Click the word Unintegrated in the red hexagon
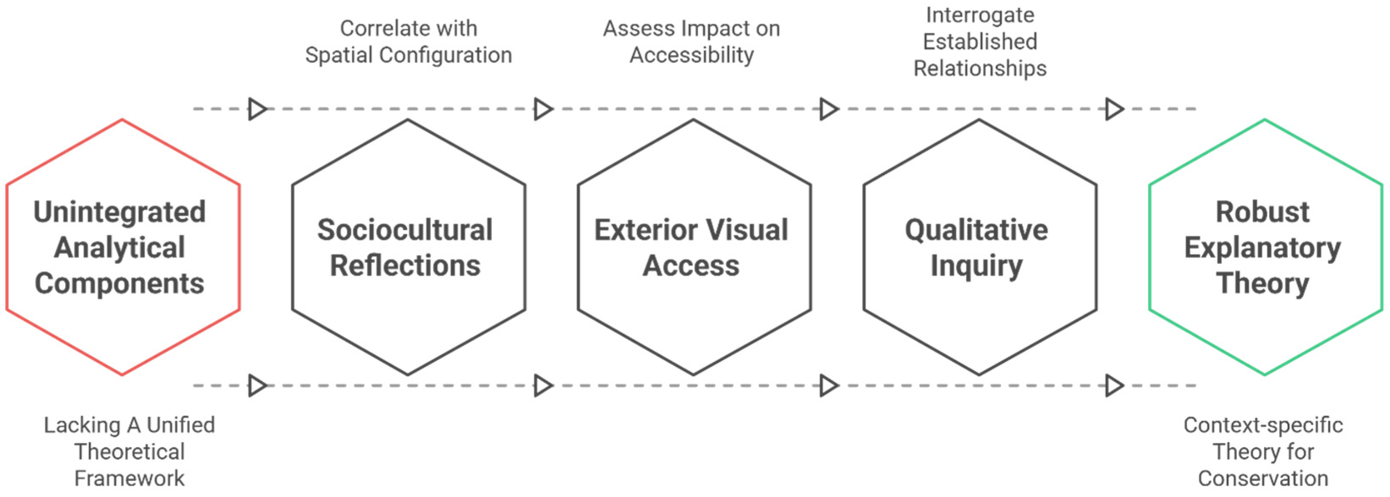pos(120,212)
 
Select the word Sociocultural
pos(405,230)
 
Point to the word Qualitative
pos(977,230)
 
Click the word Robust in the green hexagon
pos(1263,212)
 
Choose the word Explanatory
pos(1263,248)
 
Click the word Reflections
pos(405,266)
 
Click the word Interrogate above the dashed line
pos(980,15)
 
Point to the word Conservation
pos(1263,478)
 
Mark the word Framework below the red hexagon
pos(129,478)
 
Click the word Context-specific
pos(1263,425)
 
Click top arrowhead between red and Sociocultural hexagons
pos(258,109)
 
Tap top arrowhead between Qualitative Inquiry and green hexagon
pos(1115,109)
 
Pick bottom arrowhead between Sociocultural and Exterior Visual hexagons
pos(543,386)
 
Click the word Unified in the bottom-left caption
pos(181,425)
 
